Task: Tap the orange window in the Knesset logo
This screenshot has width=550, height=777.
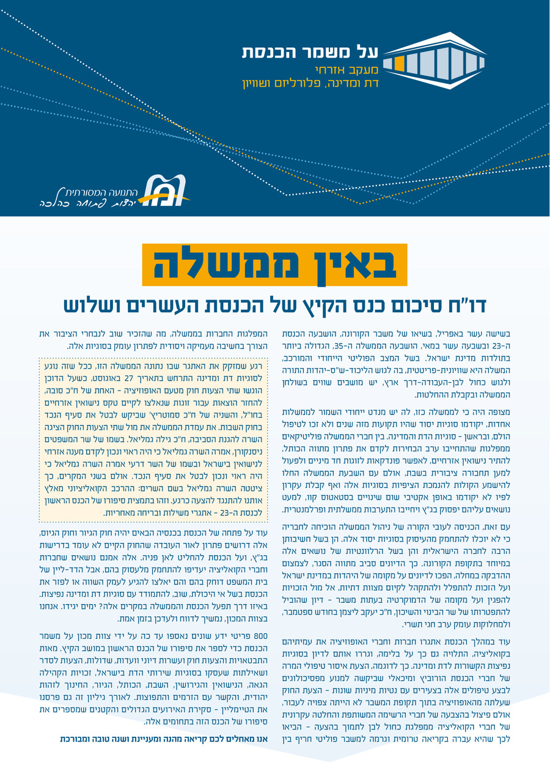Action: pyautogui.click(x=399, y=63)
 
